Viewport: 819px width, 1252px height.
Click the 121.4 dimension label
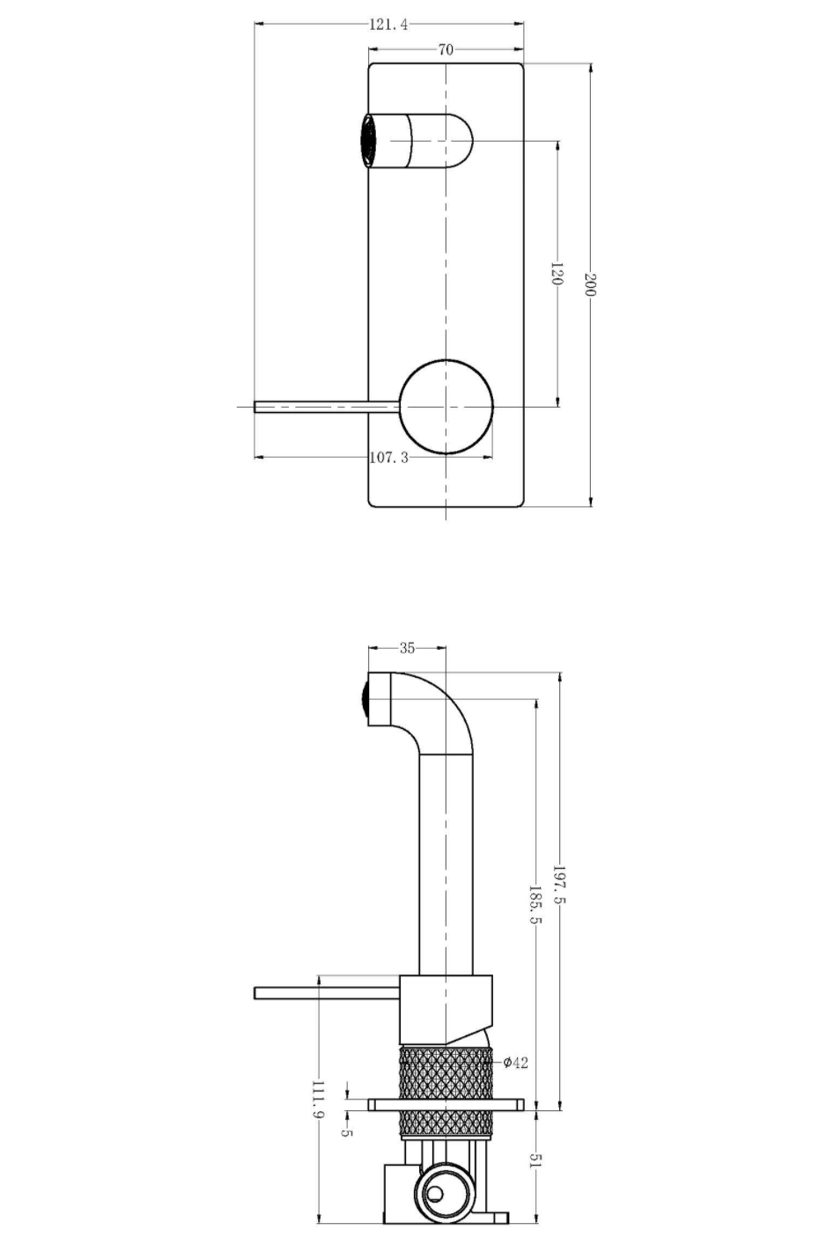[388, 25]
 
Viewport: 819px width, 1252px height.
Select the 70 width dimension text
[445, 49]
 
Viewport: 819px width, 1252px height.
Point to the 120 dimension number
[557, 273]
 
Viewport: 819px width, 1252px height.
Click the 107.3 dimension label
[389, 458]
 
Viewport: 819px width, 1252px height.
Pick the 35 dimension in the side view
[407, 648]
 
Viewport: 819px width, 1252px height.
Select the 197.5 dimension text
[559, 885]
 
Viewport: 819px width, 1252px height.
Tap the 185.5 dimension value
[535, 905]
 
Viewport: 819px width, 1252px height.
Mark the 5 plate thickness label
[347, 1133]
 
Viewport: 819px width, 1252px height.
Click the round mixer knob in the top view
[446, 407]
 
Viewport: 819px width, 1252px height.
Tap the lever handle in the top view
[327, 407]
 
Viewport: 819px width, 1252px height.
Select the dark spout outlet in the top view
[368, 140]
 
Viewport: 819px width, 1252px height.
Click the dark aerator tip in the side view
[365, 699]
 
